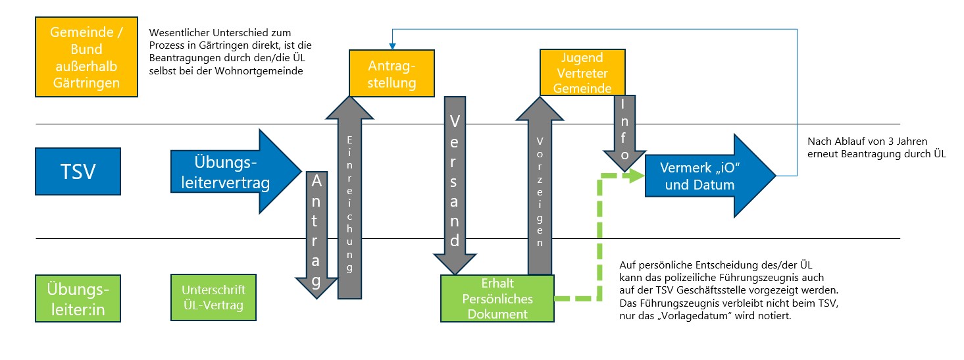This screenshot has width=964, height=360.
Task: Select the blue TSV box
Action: pyautogui.click(x=79, y=172)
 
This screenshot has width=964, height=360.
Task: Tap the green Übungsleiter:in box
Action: pyautogui.click(x=79, y=297)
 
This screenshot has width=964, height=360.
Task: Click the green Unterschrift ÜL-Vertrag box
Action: pyautogui.click(x=213, y=297)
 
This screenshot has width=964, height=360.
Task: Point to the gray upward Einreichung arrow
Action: pyautogui.click(x=351, y=197)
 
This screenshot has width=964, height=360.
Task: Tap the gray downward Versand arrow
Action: pyautogui.click(x=453, y=184)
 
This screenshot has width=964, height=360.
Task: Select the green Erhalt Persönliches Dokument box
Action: pyautogui.click(x=497, y=298)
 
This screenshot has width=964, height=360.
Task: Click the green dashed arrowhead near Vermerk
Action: pyautogui.click(x=636, y=175)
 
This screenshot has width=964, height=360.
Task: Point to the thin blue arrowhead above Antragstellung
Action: pyautogui.click(x=392, y=45)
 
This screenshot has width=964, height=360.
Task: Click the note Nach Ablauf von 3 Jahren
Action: pyautogui.click(x=876, y=148)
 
